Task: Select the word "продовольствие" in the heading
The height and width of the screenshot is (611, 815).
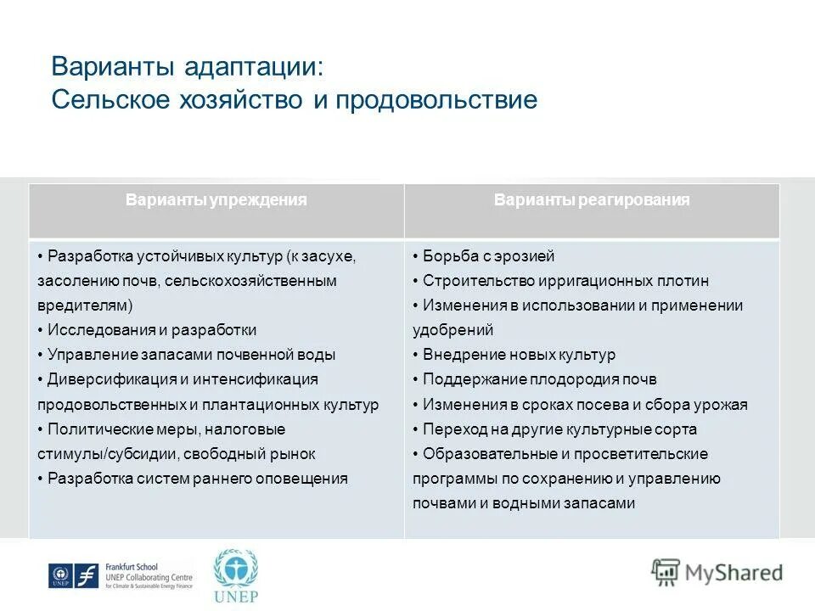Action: click(436, 100)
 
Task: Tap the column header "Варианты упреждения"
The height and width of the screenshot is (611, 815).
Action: click(216, 200)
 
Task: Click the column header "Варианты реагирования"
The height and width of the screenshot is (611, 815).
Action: click(592, 200)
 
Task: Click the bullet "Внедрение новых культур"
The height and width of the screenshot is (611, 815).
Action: click(519, 355)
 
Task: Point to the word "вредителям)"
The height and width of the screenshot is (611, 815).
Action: click(85, 305)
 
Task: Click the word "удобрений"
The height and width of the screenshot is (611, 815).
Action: click(452, 330)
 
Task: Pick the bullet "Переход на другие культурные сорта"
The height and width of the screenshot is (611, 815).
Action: click(559, 429)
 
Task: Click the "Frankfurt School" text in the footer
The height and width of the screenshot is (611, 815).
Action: click(132, 567)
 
